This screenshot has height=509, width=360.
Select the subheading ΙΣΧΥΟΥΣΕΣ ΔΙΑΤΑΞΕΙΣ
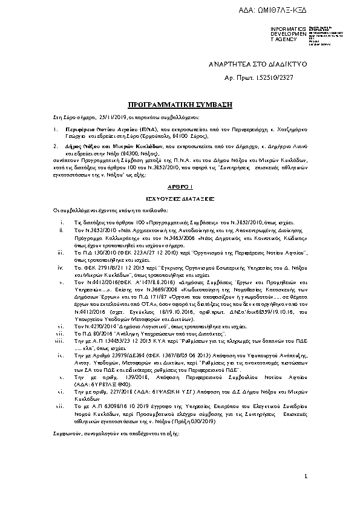pos(179,198)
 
